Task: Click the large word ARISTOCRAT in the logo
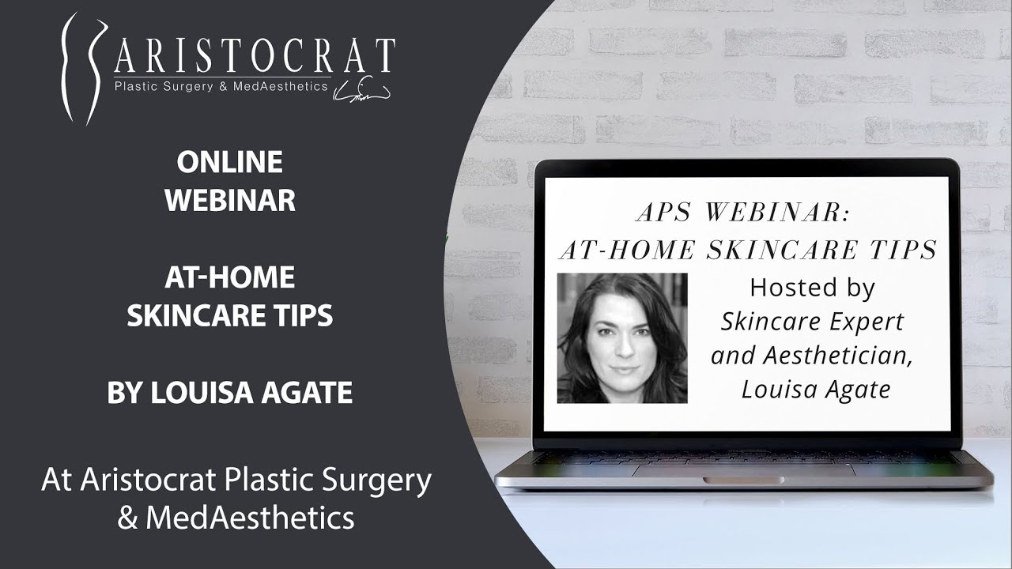[255, 55]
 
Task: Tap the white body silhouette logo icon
[84, 68]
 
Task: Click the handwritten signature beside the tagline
[361, 89]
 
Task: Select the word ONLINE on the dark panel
[229, 162]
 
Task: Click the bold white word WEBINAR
[230, 200]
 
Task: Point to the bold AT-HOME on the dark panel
[230, 277]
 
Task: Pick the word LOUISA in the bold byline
[202, 392]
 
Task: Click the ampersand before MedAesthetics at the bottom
[127, 518]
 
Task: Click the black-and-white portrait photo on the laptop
[622, 337]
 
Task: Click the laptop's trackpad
[743, 470]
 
